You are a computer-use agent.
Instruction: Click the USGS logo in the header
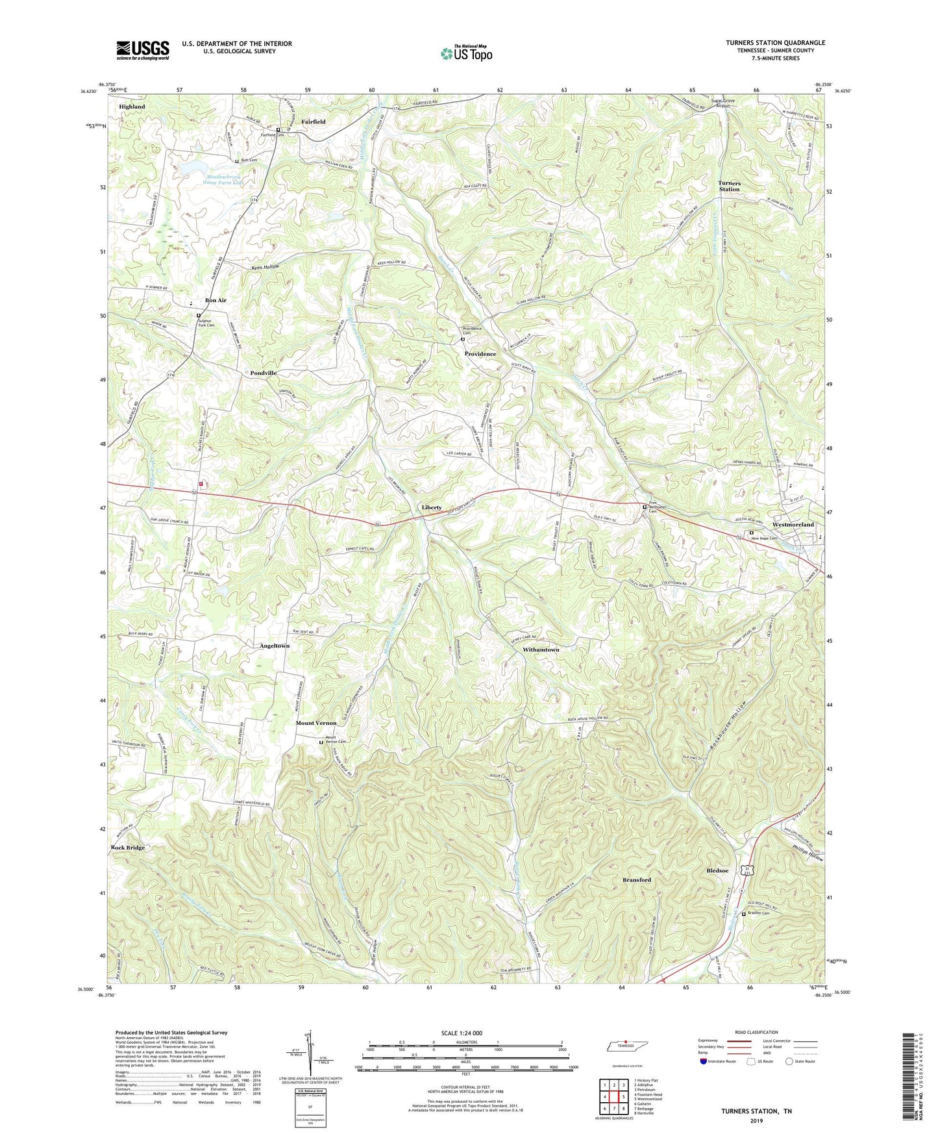tap(143, 50)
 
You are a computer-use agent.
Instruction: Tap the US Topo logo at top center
tap(466, 53)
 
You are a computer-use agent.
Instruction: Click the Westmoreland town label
tap(793, 524)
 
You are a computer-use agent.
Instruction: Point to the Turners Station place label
tap(729, 186)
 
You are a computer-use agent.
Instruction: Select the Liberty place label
tap(432, 507)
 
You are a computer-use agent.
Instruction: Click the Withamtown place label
tap(541, 649)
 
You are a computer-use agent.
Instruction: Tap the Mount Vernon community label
tap(316, 723)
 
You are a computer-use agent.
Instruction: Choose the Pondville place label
tap(264, 373)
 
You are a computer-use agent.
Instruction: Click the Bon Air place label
tap(216, 300)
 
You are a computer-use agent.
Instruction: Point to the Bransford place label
tap(636, 879)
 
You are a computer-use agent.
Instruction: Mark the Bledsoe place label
tap(717, 870)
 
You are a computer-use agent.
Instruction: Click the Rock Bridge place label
tap(128, 848)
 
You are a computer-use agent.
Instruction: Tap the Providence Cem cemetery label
tap(472, 331)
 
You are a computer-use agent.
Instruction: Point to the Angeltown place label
tap(275, 646)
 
